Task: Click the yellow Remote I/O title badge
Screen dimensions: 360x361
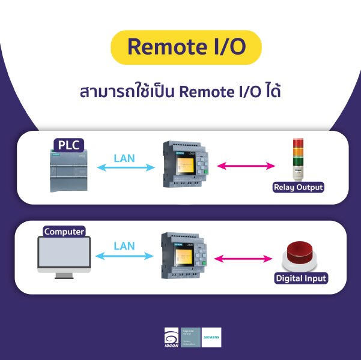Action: click(186, 47)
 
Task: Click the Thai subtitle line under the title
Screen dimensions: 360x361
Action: click(181, 93)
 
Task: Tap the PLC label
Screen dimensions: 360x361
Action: click(68, 145)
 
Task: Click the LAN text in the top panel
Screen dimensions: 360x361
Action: click(124, 159)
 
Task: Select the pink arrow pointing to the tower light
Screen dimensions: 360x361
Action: click(241, 166)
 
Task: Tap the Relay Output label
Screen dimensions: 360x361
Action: click(298, 187)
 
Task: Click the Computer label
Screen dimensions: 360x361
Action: click(64, 232)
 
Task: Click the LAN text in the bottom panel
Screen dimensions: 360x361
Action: click(124, 246)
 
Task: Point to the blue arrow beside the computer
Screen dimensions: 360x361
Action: click(124, 256)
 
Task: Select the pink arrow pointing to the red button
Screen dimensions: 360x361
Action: click(240, 259)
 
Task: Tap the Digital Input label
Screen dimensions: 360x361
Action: click(300, 278)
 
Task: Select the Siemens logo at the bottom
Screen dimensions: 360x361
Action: click(211, 337)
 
